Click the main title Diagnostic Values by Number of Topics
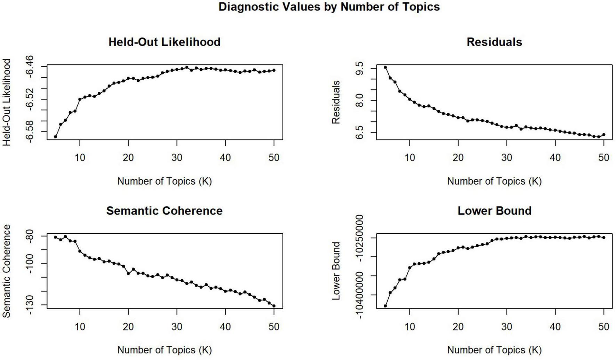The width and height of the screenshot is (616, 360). (x=329, y=7)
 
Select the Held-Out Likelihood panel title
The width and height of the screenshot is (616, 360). (x=164, y=42)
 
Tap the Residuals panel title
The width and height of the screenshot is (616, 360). (x=494, y=42)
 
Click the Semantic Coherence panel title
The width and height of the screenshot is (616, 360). (x=164, y=210)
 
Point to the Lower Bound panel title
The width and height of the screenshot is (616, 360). (x=494, y=210)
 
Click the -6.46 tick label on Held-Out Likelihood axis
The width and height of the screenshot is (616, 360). (x=30, y=66)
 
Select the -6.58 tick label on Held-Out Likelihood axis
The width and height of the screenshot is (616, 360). (x=30, y=131)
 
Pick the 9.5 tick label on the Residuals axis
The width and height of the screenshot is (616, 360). (x=360, y=68)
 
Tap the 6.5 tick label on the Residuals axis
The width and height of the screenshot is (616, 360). (x=360, y=132)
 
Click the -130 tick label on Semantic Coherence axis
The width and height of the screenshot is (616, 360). (x=30, y=305)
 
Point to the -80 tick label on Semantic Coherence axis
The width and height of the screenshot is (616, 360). (x=30, y=236)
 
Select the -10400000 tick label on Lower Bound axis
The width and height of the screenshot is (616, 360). (x=360, y=296)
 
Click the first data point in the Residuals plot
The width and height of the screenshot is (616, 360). (x=385, y=67)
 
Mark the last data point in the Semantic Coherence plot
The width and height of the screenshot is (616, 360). (x=274, y=306)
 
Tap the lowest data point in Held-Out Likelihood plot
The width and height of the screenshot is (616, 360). (x=55, y=137)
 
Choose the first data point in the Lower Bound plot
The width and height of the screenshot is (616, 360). (x=385, y=306)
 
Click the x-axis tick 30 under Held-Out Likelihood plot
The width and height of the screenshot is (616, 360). (x=177, y=158)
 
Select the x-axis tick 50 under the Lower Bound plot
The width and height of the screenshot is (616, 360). (x=603, y=327)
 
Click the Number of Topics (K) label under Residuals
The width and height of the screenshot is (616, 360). (x=494, y=181)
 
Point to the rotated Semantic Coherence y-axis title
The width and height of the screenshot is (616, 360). (x=7, y=271)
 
